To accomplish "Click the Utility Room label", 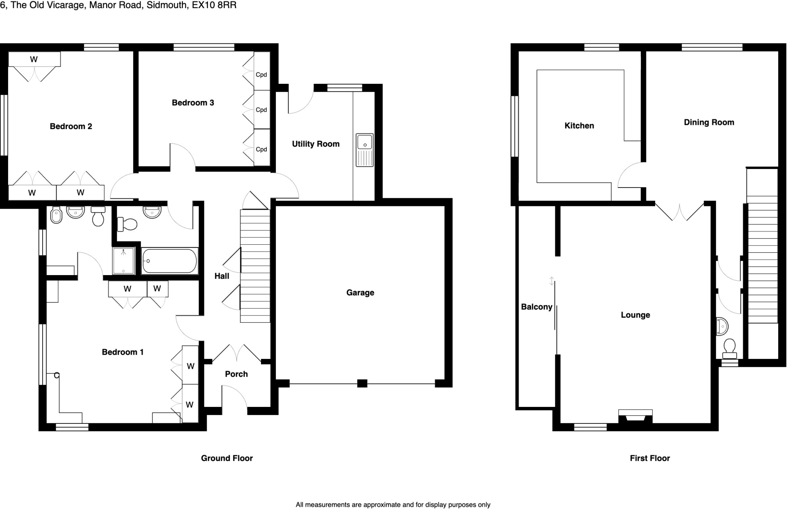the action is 315,144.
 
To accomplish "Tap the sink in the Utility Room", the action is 364,150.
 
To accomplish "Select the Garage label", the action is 360,293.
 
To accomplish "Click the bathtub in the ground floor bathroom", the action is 169,261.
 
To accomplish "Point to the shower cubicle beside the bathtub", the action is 123,261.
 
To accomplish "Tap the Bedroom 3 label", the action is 193,103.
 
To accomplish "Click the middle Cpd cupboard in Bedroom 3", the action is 262,109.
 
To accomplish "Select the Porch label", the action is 236,374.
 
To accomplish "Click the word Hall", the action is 222,276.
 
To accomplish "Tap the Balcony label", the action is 536,307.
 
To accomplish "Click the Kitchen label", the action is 579,126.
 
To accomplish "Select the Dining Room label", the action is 709,123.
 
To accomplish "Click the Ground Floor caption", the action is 227,458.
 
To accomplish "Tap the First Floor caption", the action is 650,458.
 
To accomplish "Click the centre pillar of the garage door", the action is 362,383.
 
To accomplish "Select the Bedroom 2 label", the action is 71,126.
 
